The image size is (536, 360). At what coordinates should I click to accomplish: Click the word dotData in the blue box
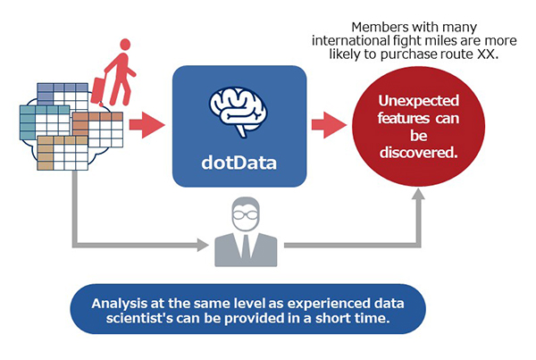click(x=239, y=163)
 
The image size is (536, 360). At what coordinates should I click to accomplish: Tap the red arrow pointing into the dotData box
click(x=147, y=125)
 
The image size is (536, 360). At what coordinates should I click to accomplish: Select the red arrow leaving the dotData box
click(x=329, y=125)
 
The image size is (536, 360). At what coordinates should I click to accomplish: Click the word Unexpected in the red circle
click(x=418, y=101)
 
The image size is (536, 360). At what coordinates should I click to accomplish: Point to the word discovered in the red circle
click(x=418, y=153)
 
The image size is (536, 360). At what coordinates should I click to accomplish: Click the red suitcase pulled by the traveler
click(x=98, y=90)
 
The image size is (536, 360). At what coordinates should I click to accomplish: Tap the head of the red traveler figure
click(x=125, y=45)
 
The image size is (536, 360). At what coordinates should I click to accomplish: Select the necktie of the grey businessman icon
click(x=246, y=247)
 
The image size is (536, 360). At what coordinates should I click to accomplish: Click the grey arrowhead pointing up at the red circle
click(x=418, y=194)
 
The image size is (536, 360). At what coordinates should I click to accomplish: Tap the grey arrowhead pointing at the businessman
click(x=203, y=245)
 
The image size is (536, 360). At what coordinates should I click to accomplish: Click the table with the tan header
click(x=63, y=153)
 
